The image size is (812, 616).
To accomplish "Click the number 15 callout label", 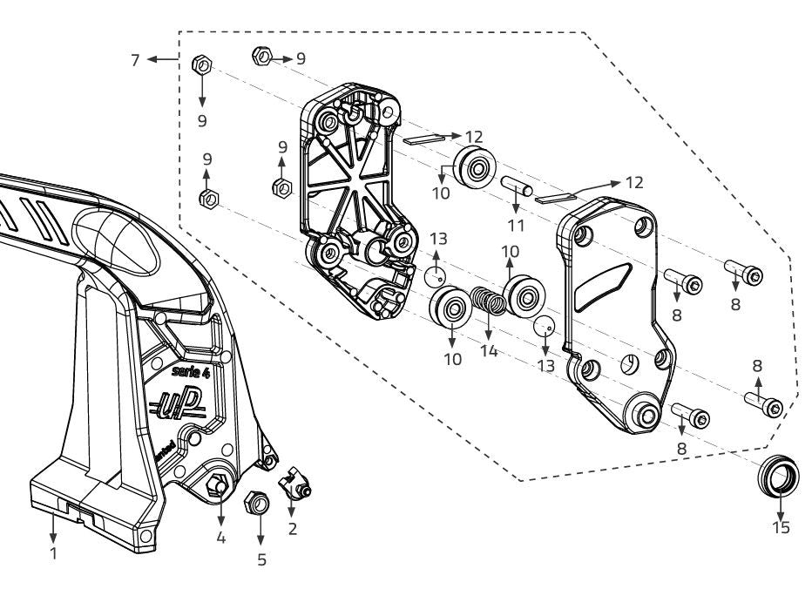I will [781, 528].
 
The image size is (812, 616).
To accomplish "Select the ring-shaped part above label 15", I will [779, 475].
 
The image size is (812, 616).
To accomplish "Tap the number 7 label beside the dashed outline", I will [134, 59].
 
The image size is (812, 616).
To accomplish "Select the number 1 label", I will [53, 552].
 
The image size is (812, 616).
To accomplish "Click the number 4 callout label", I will [220, 538].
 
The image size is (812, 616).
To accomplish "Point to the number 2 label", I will [292, 527].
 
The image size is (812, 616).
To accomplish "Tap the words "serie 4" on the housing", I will [190, 371].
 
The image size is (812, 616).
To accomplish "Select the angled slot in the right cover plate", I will [605, 279].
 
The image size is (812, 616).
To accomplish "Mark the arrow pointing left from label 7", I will [161, 59].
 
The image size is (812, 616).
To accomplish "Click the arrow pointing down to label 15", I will [780, 504].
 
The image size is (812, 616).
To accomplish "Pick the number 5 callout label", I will [261, 559].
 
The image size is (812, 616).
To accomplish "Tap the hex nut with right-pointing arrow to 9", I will [261, 58].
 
